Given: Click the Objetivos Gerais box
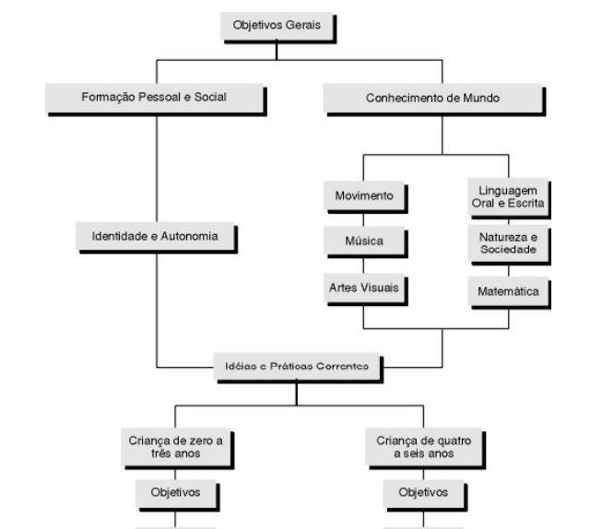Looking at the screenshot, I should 277,25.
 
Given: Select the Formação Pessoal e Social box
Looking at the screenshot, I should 156,97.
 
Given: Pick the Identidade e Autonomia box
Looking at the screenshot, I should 156,236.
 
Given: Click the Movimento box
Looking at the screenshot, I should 362,196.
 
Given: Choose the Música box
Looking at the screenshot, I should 362,242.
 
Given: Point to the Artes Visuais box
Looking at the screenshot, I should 362,288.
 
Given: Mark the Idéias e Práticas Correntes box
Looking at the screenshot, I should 296,366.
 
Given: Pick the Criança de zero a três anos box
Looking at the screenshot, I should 175,445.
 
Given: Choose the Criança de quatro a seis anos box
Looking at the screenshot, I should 423,445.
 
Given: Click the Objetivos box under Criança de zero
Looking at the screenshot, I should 175,492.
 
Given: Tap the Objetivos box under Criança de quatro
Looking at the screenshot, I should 423,492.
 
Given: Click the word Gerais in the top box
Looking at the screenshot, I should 301,25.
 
